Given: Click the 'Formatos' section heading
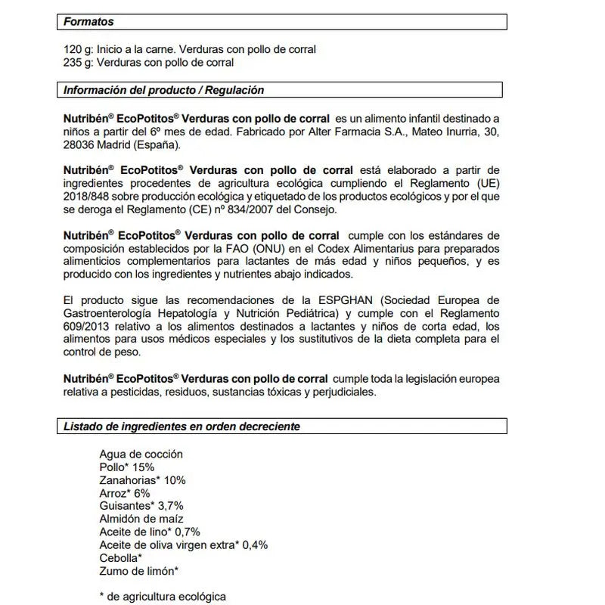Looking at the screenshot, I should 89,23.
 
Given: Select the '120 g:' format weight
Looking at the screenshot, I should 79,49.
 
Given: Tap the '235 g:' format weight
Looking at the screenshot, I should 79,62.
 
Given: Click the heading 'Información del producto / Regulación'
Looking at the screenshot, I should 163,90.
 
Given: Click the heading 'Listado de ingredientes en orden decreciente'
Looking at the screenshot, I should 181,427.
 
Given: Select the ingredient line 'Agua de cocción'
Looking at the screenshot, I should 141,455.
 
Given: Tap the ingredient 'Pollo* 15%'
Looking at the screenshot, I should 126,467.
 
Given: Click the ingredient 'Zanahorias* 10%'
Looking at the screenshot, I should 142,480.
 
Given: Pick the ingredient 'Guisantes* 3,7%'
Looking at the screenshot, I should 141,506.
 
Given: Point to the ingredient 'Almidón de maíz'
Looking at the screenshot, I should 141,519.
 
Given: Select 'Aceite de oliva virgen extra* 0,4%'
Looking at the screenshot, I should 184,544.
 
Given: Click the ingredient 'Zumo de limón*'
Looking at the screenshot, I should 139,570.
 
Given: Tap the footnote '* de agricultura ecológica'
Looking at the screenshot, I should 163,596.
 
